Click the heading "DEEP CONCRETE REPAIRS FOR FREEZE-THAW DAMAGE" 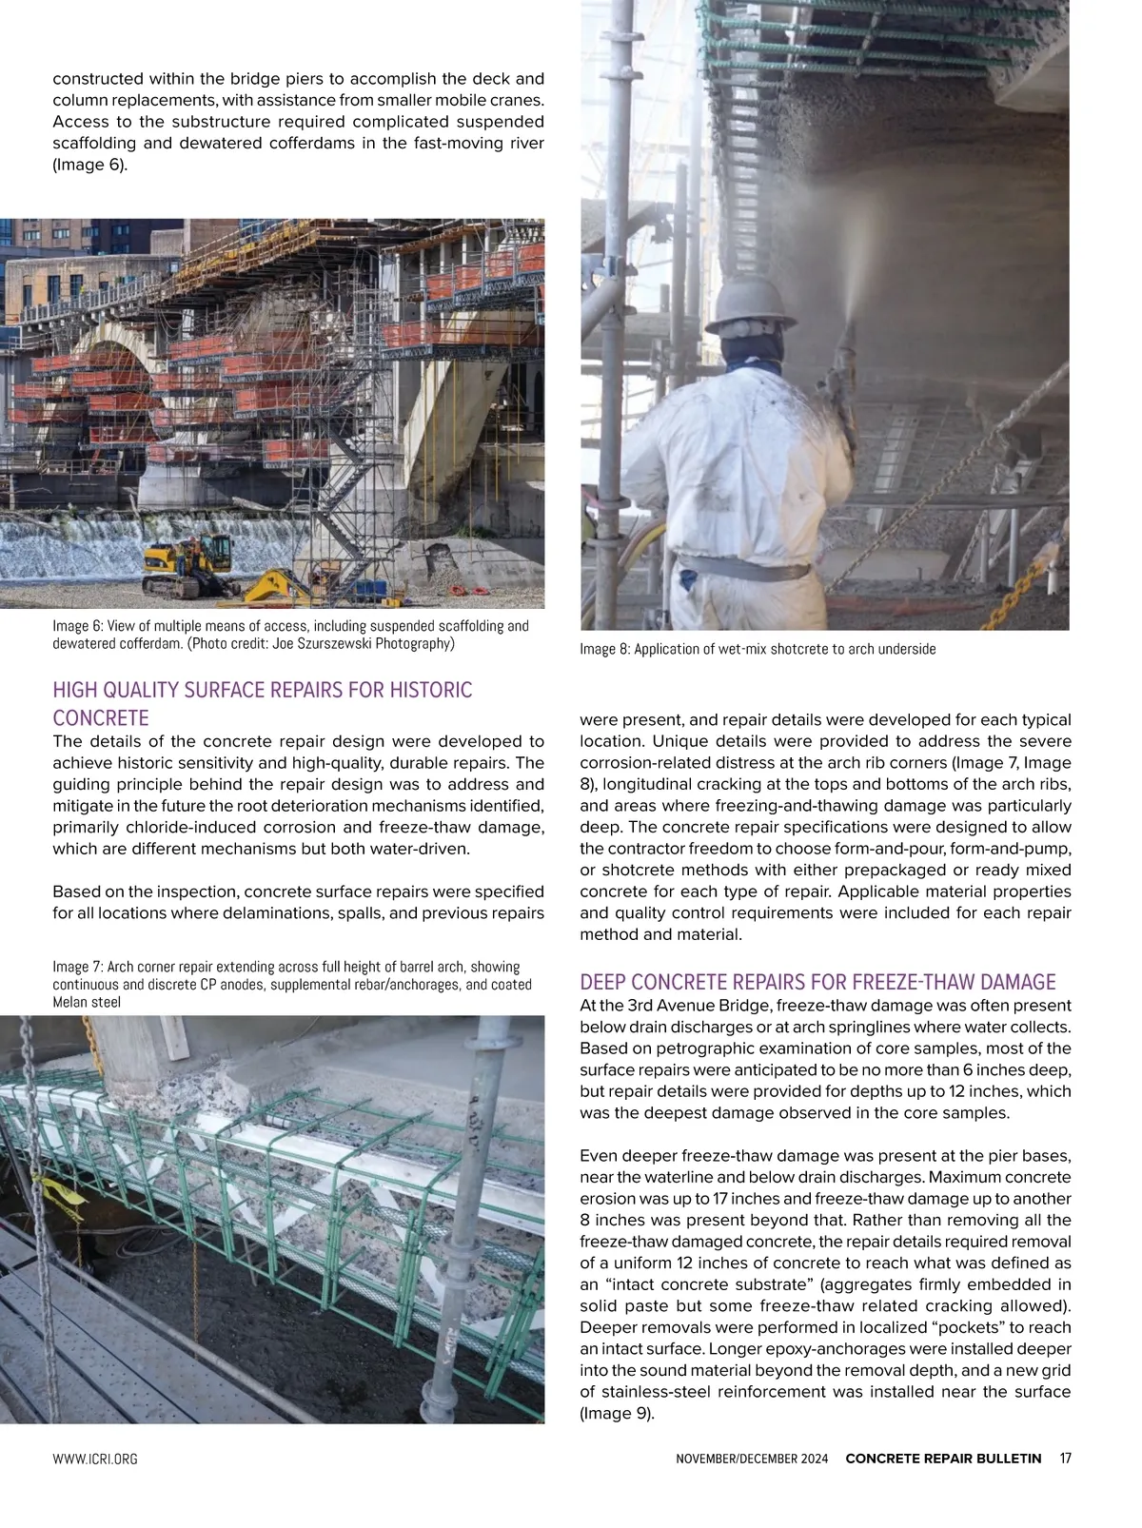pos(817,982)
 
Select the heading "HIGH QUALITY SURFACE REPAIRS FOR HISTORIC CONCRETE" pos(262,703)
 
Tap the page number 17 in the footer pos(1065,1459)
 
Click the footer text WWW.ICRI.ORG pos(94,1459)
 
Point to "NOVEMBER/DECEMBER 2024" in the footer pos(751,1459)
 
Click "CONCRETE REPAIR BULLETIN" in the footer pos(943,1459)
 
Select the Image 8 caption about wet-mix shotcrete pos(758,649)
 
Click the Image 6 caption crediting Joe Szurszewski pos(290,635)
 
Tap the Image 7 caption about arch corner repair pos(292,984)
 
